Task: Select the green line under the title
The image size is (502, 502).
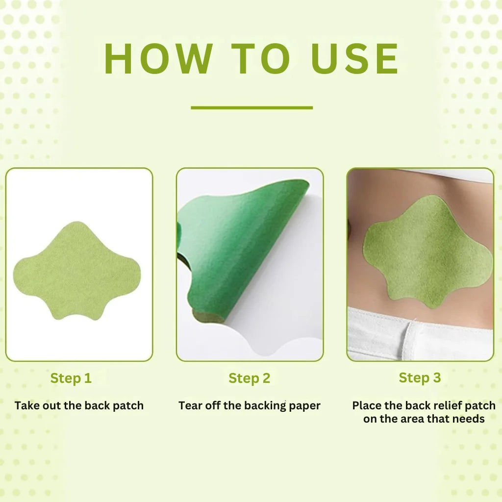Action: (x=251, y=107)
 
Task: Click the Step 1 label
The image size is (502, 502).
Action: (x=71, y=378)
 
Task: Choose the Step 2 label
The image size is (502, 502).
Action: (x=249, y=378)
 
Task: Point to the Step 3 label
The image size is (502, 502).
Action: (x=420, y=377)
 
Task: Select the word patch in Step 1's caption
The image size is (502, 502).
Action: (x=128, y=405)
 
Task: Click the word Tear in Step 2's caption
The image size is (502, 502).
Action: (x=190, y=405)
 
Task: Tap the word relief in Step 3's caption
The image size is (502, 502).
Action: (x=440, y=405)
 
